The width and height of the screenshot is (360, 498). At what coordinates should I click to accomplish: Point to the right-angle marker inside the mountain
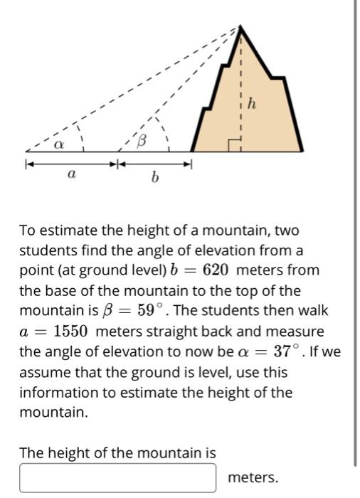point(235,145)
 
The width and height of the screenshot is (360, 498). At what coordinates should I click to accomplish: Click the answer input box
point(117,477)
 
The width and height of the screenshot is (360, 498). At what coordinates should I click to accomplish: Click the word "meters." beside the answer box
point(253,477)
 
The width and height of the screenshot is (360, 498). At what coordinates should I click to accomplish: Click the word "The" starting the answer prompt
point(32,452)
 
